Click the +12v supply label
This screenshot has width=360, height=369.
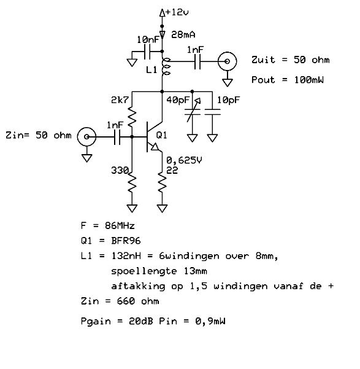[x=177, y=12]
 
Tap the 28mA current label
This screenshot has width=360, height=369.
[x=183, y=35]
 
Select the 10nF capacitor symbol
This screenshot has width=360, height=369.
[x=147, y=52]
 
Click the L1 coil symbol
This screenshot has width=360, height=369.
[x=166, y=66]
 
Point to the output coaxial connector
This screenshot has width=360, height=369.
[x=227, y=61]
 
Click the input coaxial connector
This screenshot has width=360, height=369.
[x=86, y=137]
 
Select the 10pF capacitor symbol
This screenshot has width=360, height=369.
[x=213, y=112]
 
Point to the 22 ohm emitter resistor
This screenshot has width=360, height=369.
[x=163, y=183]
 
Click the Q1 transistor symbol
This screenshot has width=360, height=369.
[x=153, y=137]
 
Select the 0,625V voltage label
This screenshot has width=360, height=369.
[x=184, y=160]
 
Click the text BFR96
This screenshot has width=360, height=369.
[x=126, y=241]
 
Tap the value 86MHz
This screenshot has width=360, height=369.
[x=120, y=226]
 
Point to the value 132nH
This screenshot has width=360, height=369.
[x=126, y=256]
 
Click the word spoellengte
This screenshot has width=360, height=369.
[x=144, y=271]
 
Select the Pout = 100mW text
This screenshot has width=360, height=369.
[x=288, y=80]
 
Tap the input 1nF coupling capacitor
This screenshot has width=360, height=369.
[x=117, y=137]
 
